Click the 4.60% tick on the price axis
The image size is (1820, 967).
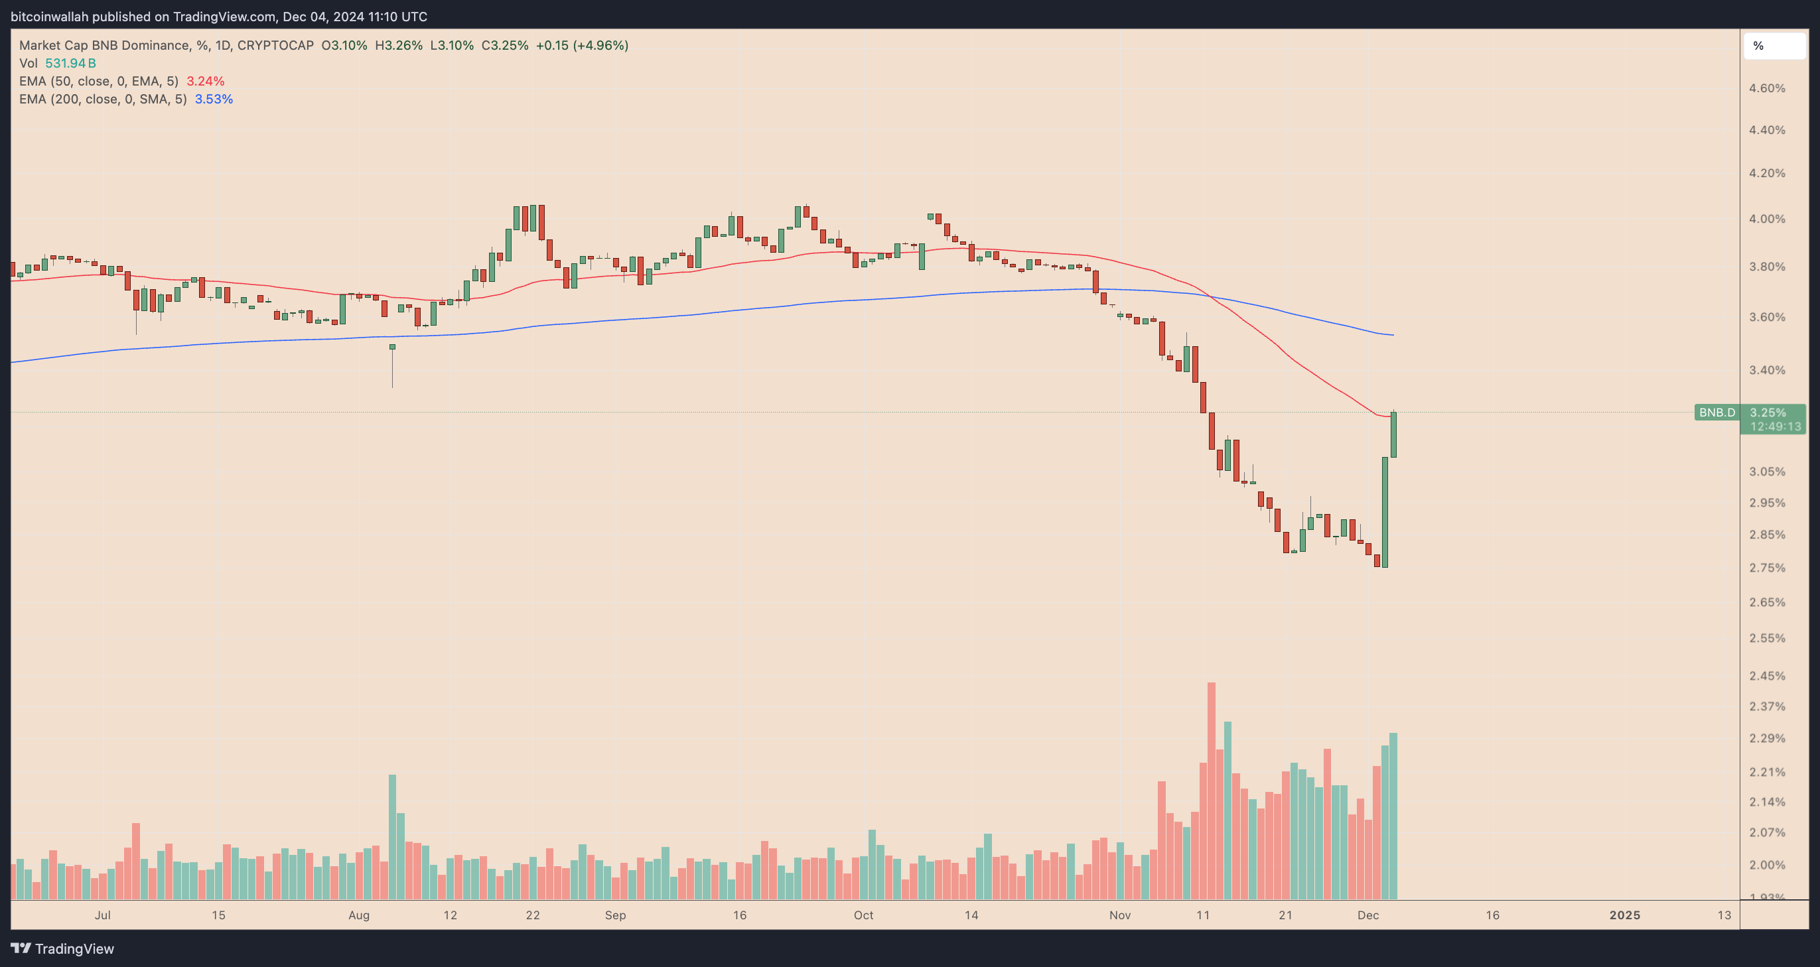coord(1766,88)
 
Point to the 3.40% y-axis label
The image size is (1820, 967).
coord(1766,370)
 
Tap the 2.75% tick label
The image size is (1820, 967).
coord(1766,568)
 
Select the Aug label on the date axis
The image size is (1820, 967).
coord(359,915)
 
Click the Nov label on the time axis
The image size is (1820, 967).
coord(1120,915)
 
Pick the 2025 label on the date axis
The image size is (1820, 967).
coord(1624,915)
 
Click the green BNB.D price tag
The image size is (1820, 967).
coord(1717,413)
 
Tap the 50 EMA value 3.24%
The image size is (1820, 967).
coord(206,81)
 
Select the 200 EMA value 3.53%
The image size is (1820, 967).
coord(214,99)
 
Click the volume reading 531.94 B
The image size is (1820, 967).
coord(70,64)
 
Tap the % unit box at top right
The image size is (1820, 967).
coord(1774,46)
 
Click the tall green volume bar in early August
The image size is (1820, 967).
coord(392,837)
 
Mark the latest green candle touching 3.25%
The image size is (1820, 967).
coord(1393,434)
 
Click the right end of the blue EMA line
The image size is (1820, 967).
coord(1393,335)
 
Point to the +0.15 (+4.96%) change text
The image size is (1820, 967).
coord(581,45)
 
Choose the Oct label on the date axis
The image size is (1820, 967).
coord(863,915)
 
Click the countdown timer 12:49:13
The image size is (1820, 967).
coord(1775,426)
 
